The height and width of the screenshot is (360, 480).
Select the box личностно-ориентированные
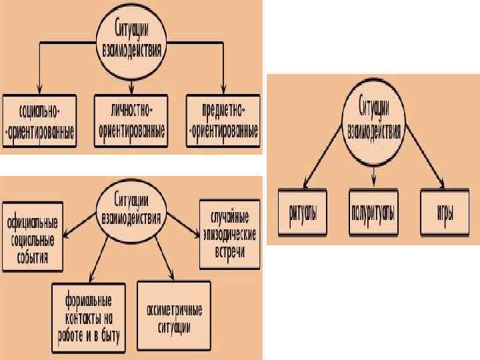click(x=131, y=119)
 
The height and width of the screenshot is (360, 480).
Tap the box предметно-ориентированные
click(x=222, y=119)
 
